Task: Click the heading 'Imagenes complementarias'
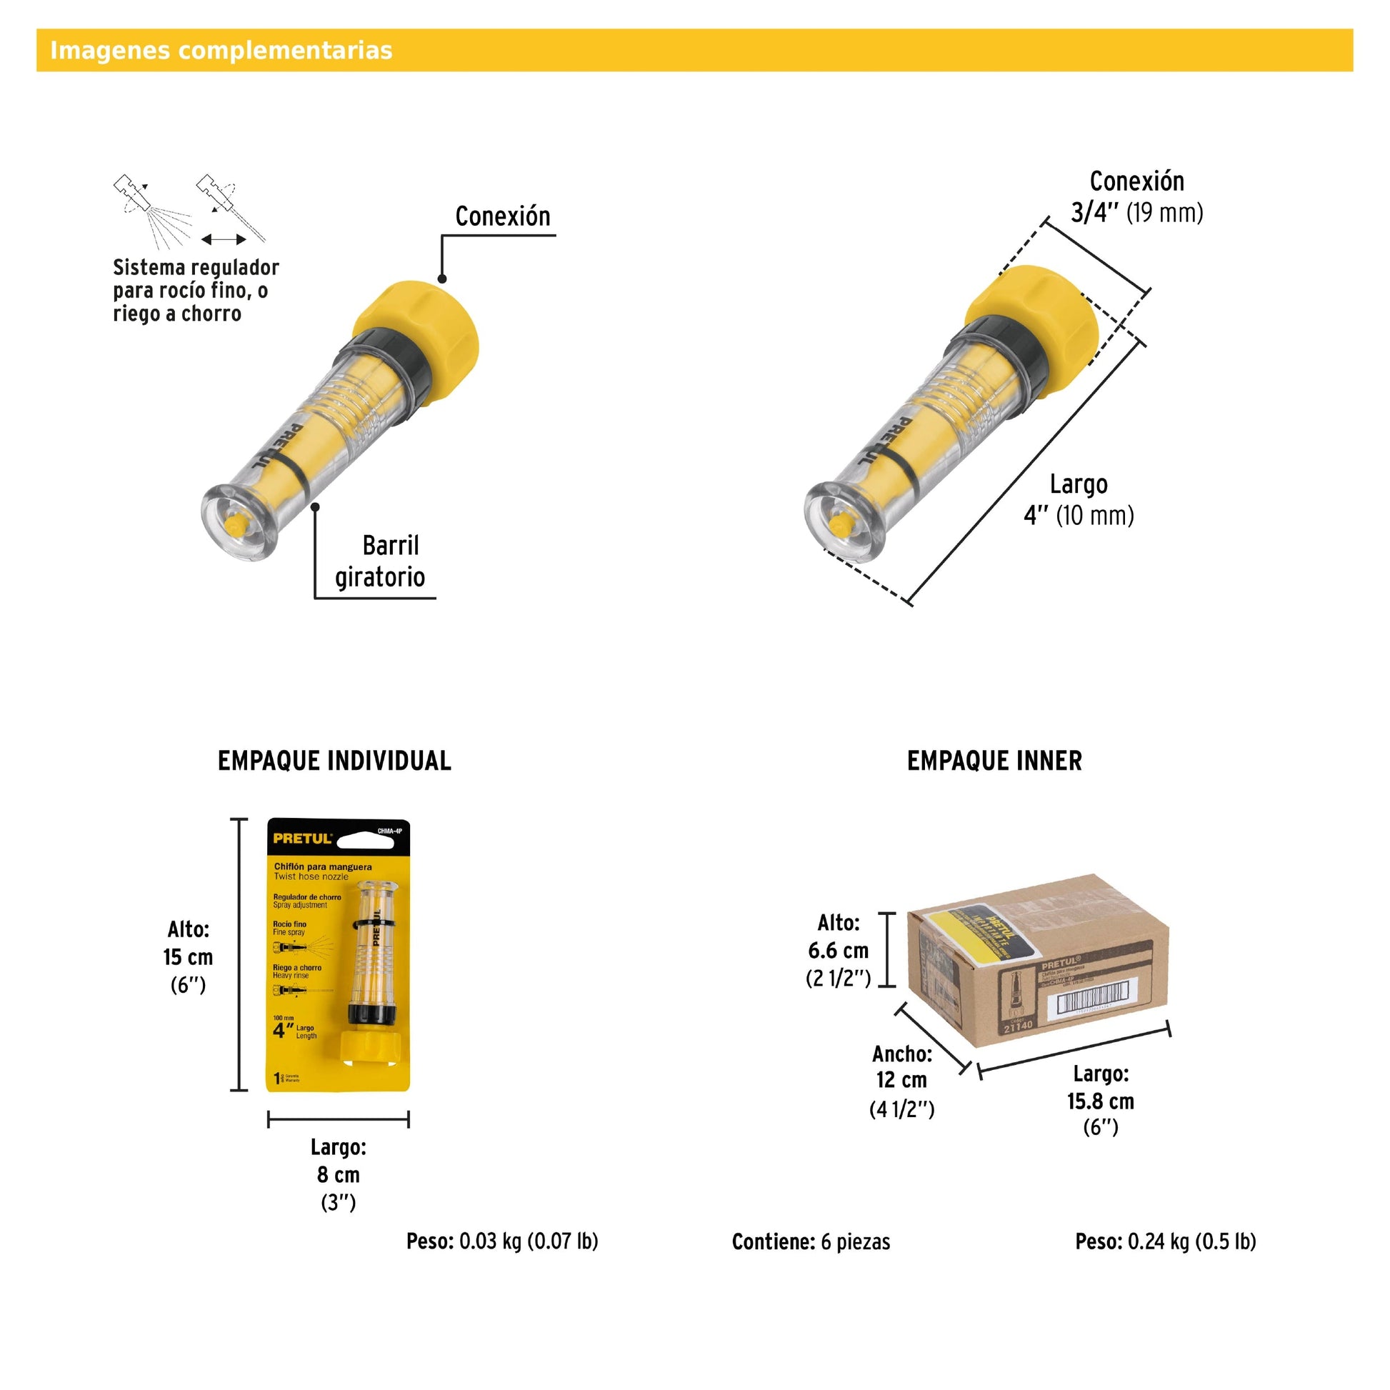(221, 51)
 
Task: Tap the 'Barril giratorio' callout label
(380, 561)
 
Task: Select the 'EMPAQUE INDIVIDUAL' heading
(334, 761)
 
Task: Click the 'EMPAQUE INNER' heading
(994, 761)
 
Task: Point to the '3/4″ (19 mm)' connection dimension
(1136, 212)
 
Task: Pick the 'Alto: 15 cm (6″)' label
(188, 957)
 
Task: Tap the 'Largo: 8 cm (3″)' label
(338, 1174)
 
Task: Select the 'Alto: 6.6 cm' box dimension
(838, 951)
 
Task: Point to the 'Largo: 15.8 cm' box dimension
(1100, 1100)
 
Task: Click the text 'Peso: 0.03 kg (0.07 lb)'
(502, 1242)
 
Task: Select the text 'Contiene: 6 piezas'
(811, 1242)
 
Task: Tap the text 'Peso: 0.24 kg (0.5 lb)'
(1166, 1242)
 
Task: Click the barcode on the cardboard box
(1091, 1000)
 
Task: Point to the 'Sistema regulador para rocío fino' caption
(195, 290)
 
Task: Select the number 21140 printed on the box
(1018, 1027)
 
